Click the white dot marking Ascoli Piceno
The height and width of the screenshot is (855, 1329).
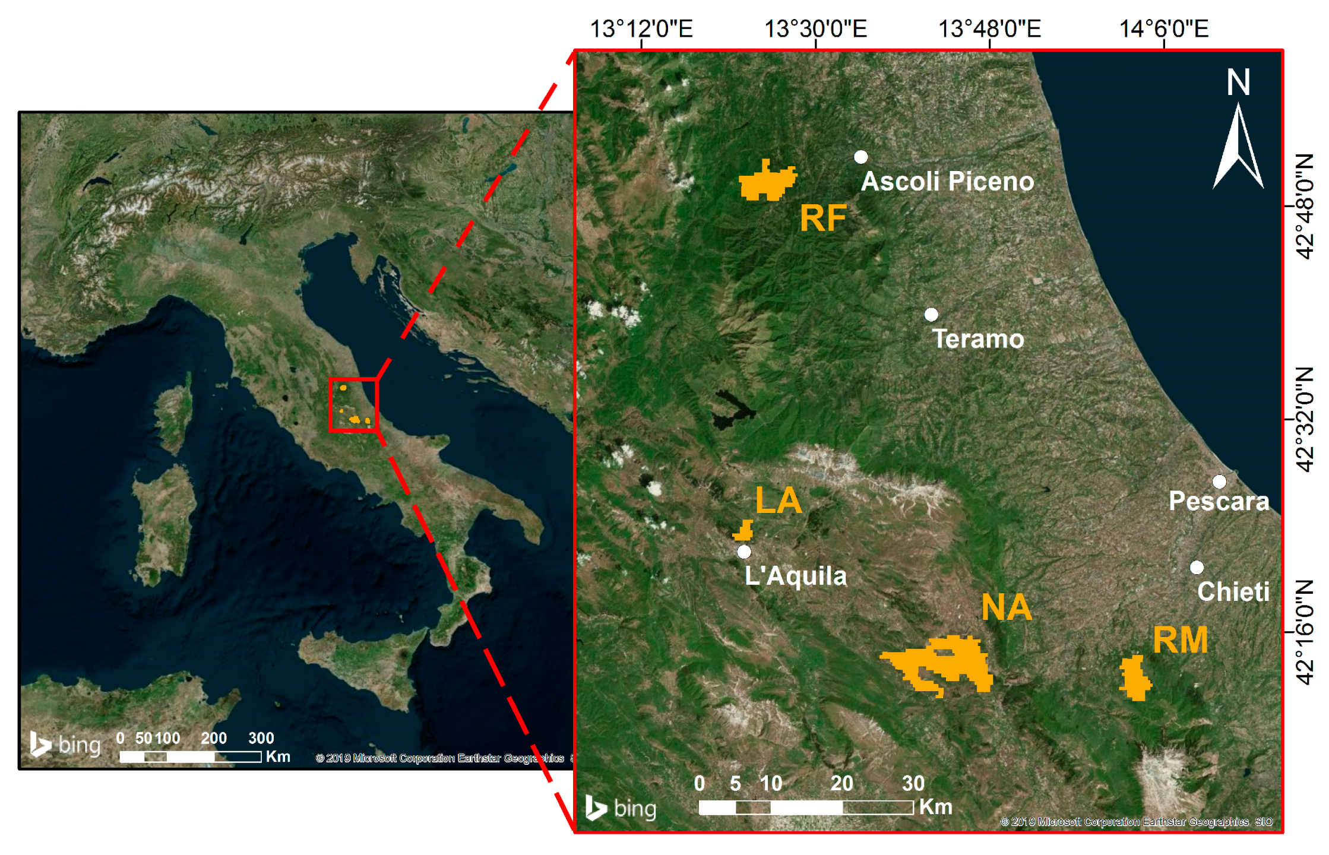pyautogui.click(x=860, y=157)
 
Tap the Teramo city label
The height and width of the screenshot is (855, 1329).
pyautogui.click(x=978, y=339)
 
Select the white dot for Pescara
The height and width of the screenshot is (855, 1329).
pyautogui.click(x=1219, y=481)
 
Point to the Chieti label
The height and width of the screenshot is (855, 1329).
pyautogui.click(x=1233, y=591)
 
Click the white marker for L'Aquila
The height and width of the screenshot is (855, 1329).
pyautogui.click(x=744, y=552)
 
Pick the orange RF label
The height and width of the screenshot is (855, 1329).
pyautogui.click(x=822, y=218)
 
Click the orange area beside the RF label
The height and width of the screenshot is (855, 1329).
pyautogui.click(x=766, y=181)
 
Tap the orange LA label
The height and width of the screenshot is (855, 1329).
pyautogui.click(x=778, y=501)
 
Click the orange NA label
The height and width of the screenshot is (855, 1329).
pyautogui.click(x=1007, y=607)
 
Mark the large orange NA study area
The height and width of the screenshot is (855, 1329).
pyautogui.click(x=950, y=662)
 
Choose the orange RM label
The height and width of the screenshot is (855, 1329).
pyautogui.click(x=1180, y=640)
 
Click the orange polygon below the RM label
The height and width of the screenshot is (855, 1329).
pyautogui.click(x=1135, y=677)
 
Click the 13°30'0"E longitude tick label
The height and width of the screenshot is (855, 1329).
pyautogui.click(x=815, y=28)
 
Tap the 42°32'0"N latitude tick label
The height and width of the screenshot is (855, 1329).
pyautogui.click(x=1305, y=419)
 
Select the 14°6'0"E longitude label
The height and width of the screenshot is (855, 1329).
pyautogui.click(x=1163, y=28)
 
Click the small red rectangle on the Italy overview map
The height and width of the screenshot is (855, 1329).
pyautogui.click(x=353, y=404)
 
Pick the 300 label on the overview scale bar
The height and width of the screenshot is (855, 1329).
pyautogui.click(x=261, y=738)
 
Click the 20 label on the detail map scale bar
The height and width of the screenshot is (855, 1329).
pyautogui.click(x=841, y=783)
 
